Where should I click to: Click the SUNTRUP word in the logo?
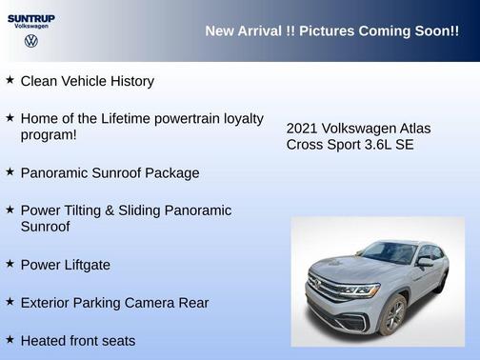click(x=30, y=18)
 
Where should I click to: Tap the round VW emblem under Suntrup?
click(x=31, y=42)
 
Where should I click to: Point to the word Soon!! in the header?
click(x=433, y=31)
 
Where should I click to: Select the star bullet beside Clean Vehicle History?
click(x=10, y=80)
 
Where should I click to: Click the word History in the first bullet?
click(x=130, y=82)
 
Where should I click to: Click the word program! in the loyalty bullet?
click(x=49, y=135)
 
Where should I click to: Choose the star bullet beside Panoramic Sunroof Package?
click(x=10, y=171)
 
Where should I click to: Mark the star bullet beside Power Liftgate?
click(x=10, y=264)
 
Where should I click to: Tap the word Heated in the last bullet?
click(x=43, y=340)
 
